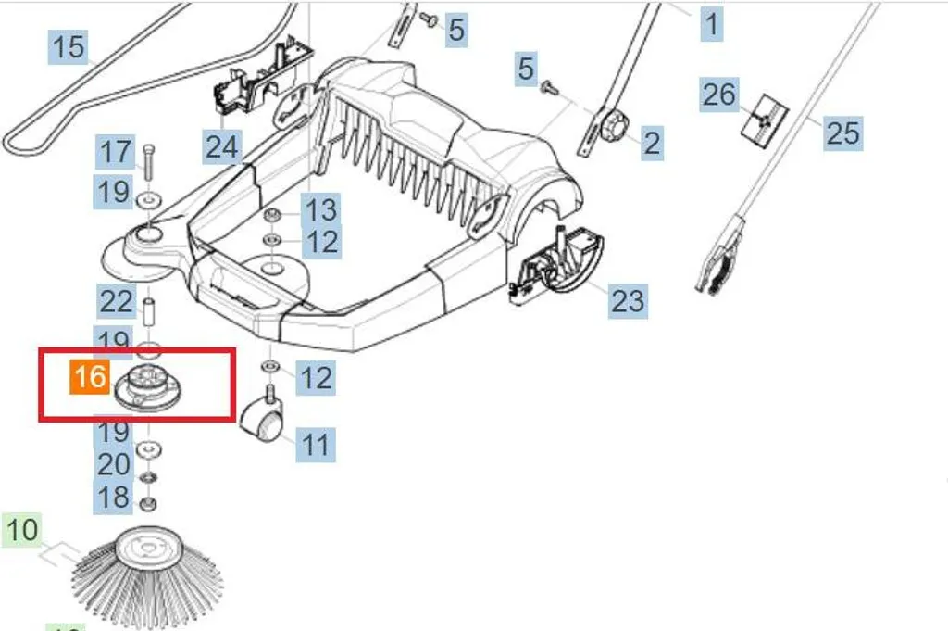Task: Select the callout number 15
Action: coord(69,46)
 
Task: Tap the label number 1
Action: coord(711,23)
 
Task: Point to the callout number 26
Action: coord(718,95)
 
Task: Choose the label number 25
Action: coord(842,133)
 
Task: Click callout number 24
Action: coord(222,145)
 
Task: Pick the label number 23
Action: coord(627,300)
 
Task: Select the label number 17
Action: coord(117,152)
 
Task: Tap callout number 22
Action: coord(117,300)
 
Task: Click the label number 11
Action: coord(316,444)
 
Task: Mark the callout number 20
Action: coord(114,463)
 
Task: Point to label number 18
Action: coord(114,497)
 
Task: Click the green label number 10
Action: coord(22,531)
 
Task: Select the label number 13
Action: coord(322,209)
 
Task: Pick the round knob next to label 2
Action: coord(614,129)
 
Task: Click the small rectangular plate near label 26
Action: coord(765,117)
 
